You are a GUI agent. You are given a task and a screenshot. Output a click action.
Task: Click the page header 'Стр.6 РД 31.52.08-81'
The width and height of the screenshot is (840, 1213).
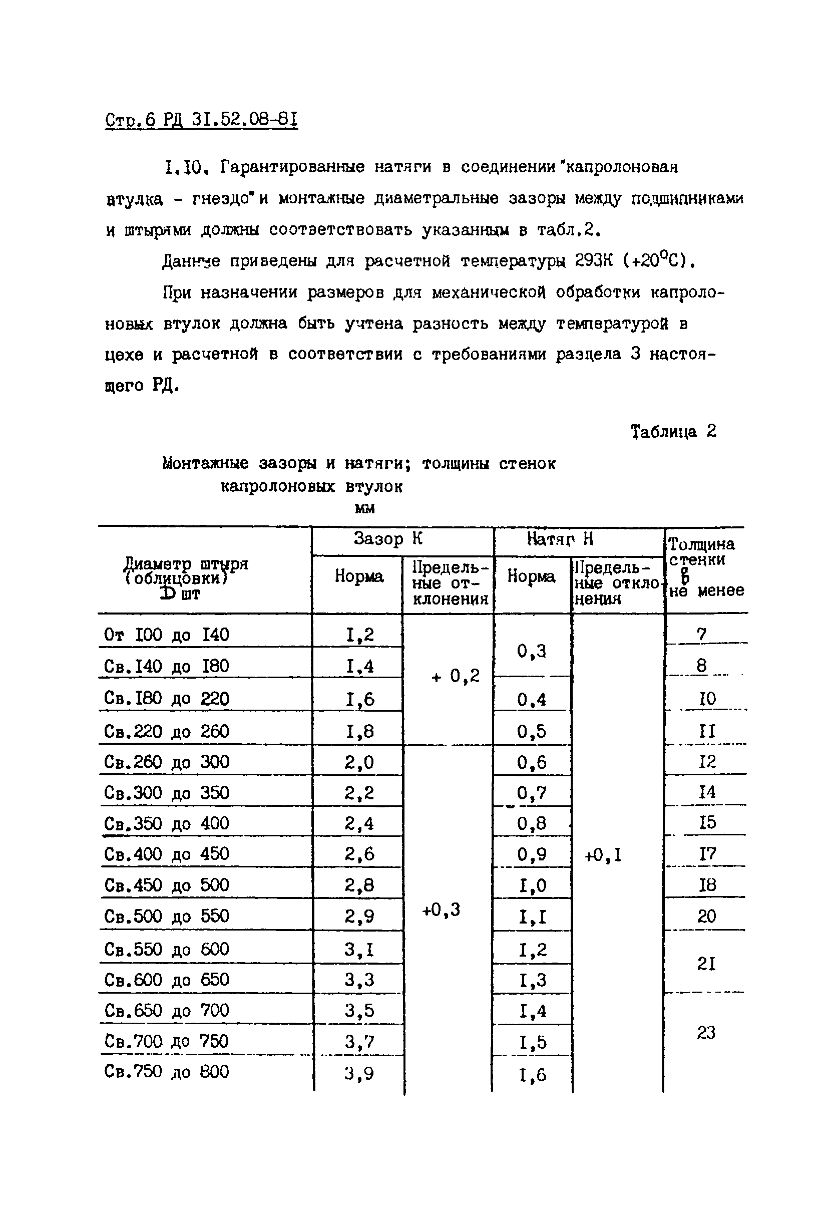point(202,120)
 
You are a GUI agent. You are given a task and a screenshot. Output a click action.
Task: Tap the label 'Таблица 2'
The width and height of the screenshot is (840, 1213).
point(673,432)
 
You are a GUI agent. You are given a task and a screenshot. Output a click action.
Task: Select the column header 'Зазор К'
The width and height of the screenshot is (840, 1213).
point(388,538)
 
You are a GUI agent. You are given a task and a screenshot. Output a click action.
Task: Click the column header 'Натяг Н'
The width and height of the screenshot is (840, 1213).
point(560,538)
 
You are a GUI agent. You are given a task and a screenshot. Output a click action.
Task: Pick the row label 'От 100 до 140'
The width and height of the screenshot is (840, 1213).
point(166,635)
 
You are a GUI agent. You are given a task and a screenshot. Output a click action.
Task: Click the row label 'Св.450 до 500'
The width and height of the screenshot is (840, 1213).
point(166,885)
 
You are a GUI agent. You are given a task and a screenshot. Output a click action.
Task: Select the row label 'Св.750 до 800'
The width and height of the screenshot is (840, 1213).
point(166,1071)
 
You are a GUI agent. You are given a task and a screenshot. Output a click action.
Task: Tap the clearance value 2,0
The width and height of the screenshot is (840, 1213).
point(359,762)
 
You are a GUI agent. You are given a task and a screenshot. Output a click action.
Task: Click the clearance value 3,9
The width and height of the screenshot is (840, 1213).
point(359,1073)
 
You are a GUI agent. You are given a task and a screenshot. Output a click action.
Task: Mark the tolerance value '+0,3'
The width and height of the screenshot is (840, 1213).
point(441,909)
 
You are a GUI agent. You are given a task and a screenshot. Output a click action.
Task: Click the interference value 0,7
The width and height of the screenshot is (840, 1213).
point(532,792)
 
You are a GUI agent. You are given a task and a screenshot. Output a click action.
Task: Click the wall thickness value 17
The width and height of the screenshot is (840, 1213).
point(707,853)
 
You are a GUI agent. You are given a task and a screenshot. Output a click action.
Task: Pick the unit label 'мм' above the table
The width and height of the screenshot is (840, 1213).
point(365,508)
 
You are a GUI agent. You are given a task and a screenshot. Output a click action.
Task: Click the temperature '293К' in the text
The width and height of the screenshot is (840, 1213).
point(594,261)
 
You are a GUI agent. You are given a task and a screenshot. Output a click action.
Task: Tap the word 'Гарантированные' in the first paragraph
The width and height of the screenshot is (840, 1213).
point(292,167)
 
